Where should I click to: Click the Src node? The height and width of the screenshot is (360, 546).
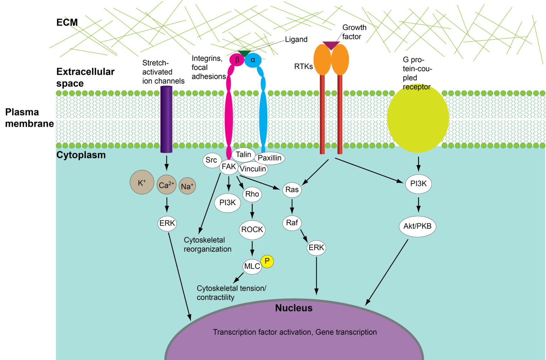tap(212, 160)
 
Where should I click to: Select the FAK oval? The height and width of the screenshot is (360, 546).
tap(229, 167)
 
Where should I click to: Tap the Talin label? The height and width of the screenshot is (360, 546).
tap(243, 155)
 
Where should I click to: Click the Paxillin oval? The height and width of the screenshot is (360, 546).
tap(269, 158)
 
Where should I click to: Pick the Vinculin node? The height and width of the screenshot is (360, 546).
tap(253, 169)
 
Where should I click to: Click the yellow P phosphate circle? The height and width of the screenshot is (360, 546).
tap(267, 261)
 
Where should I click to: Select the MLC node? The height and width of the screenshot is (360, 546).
tap(252, 266)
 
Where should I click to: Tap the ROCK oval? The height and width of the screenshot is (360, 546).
tap(252, 230)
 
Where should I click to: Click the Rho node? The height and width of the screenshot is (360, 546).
tap(252, 194)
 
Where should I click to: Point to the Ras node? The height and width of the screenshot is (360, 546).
tap(292, 190)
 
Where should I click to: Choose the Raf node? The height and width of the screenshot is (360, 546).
tap(292, 223)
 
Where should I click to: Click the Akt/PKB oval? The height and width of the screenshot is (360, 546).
tap(417, 226)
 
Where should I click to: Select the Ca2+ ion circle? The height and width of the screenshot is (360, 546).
tap(166, 185)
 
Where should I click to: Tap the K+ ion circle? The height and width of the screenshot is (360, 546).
tap(142, 182)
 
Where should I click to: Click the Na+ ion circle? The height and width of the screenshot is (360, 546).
tap(187, 186)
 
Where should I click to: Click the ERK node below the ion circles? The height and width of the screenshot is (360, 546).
tap(167, 223)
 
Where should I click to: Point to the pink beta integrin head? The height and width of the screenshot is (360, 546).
tap(237, 60)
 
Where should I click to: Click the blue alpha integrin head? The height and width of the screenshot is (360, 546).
tap(253, 60)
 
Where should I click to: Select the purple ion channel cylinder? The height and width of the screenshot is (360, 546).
tap(166, 119)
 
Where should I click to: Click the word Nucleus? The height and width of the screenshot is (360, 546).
tap(294, 308)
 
